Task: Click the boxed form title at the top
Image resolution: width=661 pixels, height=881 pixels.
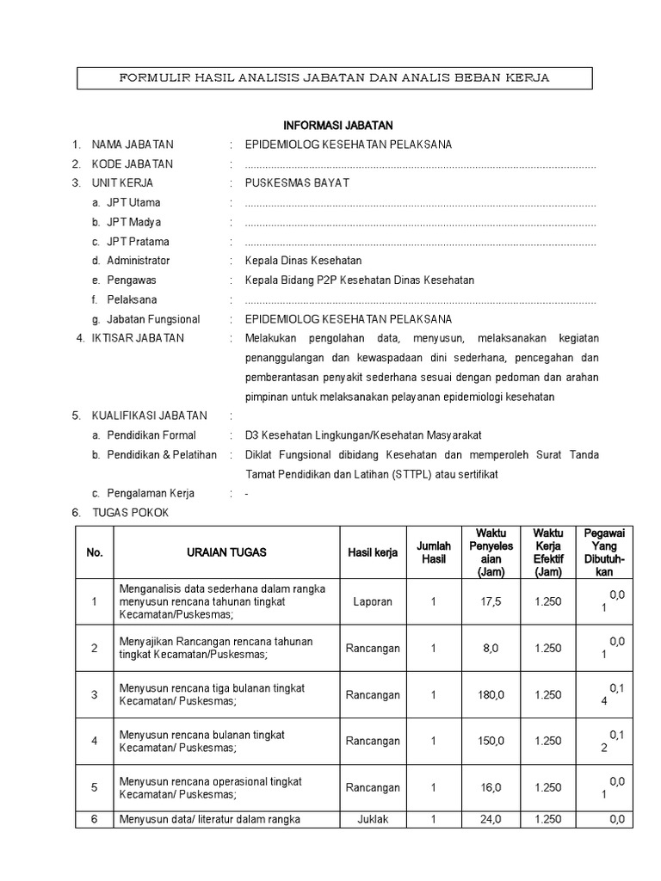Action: coord(334,78)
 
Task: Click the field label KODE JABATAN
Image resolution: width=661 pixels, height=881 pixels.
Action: coord(133,164)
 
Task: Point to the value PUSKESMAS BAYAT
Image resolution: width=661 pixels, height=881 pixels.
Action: coord(297,183)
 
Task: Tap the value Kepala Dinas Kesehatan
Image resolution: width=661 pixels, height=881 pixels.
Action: coord(303,261)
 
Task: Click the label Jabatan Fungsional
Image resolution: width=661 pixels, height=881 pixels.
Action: coord(152,319)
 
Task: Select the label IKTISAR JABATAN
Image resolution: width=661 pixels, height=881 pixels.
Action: coord(138,338)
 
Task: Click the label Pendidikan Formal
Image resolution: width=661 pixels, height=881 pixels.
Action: coord(151,435)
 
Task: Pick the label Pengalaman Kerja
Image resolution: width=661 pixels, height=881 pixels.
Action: coord(151,494)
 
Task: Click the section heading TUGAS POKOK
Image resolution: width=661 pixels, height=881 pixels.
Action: coord(131,513)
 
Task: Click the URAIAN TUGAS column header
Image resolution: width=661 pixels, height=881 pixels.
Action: coord(226,552)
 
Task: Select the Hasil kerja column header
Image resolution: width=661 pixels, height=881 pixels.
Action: coord(373,552)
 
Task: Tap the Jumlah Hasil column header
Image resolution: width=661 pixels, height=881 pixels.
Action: coord(434,552)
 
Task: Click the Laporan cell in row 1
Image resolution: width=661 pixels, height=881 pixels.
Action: coord(373,601)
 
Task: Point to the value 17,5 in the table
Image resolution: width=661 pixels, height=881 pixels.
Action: coord(491,601)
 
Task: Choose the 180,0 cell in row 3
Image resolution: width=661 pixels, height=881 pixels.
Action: coord(491,694)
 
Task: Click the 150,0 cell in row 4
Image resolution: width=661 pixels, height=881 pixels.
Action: coord(491,741)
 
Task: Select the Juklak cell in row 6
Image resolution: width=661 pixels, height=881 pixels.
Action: coord(373,820)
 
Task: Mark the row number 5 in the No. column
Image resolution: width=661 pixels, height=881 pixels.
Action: coord(95,787)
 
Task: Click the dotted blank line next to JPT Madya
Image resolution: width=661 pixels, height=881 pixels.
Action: coord(420,223)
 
